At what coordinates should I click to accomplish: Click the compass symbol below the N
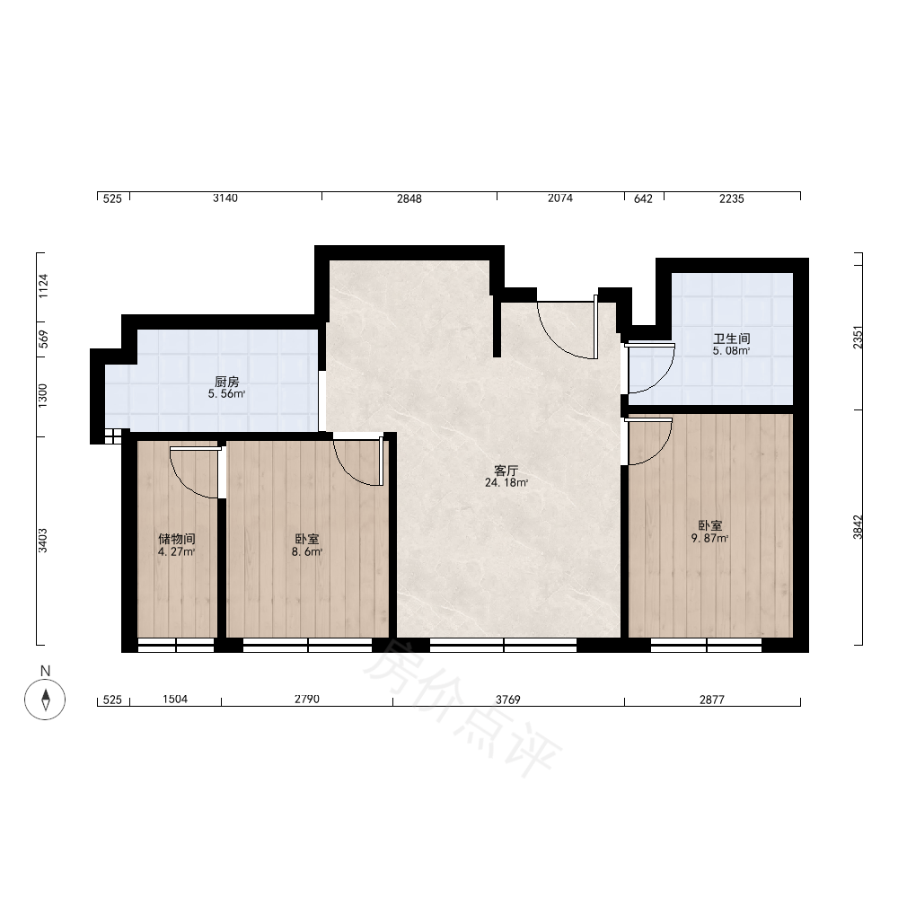(45, 700)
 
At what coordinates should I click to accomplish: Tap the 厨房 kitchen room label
(227, 382)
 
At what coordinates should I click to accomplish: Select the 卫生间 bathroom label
(731, 339)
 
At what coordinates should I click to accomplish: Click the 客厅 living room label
(506, 471)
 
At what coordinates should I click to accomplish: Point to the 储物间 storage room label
(177, 539)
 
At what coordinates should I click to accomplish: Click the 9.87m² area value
(709, 538)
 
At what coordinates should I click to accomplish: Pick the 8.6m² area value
(307, 552)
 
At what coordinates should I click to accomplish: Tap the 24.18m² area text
(506, 483)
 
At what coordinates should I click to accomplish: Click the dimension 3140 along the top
(225, 198)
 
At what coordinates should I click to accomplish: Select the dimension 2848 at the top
(409, 198)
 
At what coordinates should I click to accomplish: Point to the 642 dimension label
(643, 198)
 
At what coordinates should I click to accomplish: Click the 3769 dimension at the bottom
(508, 700)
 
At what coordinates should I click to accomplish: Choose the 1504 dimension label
(175, 700)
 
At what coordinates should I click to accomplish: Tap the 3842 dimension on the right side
(858, 527)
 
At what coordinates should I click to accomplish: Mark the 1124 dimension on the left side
(43, 286)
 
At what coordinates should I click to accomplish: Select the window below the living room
(504, 645)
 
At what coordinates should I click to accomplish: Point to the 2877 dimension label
(712, 700)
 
